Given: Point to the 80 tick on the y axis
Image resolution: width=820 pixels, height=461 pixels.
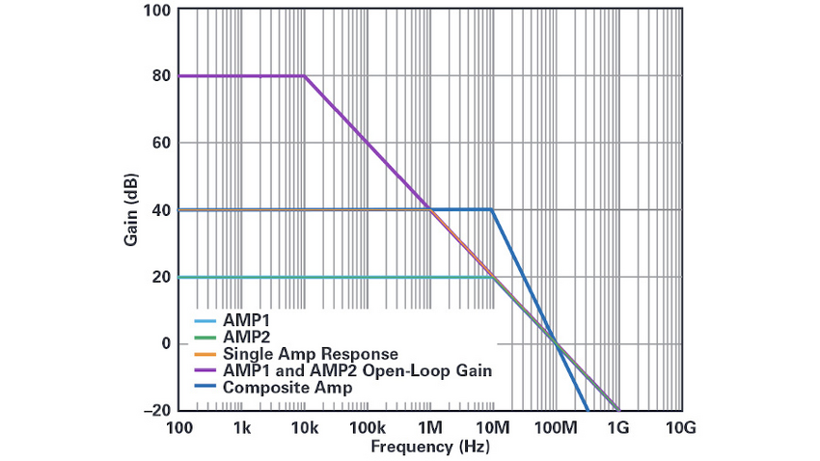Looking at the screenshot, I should tap(160, 76).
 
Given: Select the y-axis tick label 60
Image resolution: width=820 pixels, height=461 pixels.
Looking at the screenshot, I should tap(160, 143).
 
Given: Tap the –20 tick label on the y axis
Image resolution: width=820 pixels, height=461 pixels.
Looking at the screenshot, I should tap(156, 411).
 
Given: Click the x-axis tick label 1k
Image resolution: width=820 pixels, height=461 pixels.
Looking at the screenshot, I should tap(241, 426).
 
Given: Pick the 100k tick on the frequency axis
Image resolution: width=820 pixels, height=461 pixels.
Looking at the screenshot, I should tap(367, 426).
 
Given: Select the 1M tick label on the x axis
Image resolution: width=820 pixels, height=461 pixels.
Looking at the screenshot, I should tap(430, 426).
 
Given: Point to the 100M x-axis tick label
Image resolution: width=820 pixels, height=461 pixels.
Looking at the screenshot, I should tap(555, 426).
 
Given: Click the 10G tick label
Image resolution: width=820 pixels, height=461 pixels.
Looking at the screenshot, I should tap(680, 426).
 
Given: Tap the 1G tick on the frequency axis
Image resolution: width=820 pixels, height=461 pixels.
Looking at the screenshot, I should tap(618, 426).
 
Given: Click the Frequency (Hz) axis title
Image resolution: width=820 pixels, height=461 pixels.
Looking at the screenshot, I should tap(428, 447).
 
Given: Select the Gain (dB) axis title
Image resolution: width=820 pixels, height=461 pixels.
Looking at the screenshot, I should tap(130, 209).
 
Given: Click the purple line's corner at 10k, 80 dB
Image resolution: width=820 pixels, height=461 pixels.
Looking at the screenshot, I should tap(305, 76).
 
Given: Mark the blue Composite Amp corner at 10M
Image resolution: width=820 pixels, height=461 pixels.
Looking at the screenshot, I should tap(493, 209).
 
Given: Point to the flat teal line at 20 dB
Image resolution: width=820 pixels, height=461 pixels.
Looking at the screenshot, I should tap(338, 277).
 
